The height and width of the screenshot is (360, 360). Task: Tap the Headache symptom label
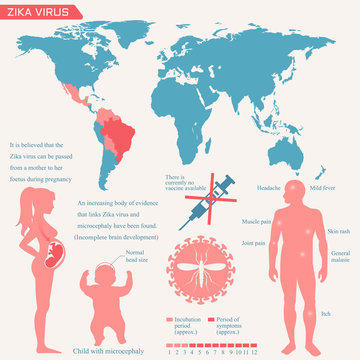(x=270, y=187)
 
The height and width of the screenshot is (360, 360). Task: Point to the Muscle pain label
(x=259, y=221)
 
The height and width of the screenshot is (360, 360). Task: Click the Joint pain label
(x=252, y=242)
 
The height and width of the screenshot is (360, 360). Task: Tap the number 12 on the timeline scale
(x=257, y=353)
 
